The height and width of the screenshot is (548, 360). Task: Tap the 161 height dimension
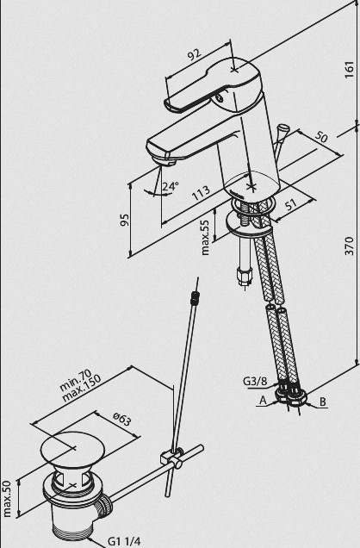[349, 69]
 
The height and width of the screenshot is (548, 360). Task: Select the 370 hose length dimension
[349, 246]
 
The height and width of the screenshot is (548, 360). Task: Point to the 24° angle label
[170, 186]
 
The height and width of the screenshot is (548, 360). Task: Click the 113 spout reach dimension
[201, 192]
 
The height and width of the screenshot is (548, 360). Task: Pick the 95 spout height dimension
[124, 221]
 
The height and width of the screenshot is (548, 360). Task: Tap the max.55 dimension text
[206, 237]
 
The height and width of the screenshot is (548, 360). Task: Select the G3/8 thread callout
[255, 381]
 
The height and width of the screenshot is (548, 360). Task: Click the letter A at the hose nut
[263, 401]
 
